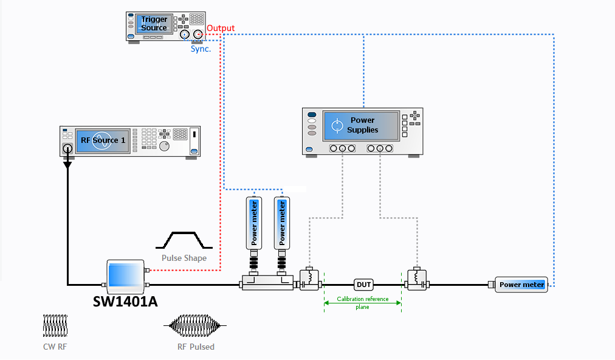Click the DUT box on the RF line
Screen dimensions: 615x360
click(363, 285)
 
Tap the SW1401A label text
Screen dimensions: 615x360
click(125, 302)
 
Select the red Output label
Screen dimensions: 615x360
click(221, 28)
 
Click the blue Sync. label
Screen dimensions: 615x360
click(201, 49)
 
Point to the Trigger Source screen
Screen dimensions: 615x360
click(154, 24)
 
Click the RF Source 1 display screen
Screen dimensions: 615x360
click(103, 140)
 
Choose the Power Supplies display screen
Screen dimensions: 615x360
click(361, 126)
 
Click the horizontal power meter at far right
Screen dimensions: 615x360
click(521, 285)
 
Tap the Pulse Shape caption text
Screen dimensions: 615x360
click(184, 258)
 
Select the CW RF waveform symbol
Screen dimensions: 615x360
click(55, 325)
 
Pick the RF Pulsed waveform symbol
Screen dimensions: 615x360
click(195, 325)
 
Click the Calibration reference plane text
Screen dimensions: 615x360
click(362, 303)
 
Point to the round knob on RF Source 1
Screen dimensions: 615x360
click(164, 147)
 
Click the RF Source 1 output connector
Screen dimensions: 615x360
click(67, 149)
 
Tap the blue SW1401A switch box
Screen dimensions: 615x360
click(126, 277)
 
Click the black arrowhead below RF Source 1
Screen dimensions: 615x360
click(67, 165)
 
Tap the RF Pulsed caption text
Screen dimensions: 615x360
click(196, 347)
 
